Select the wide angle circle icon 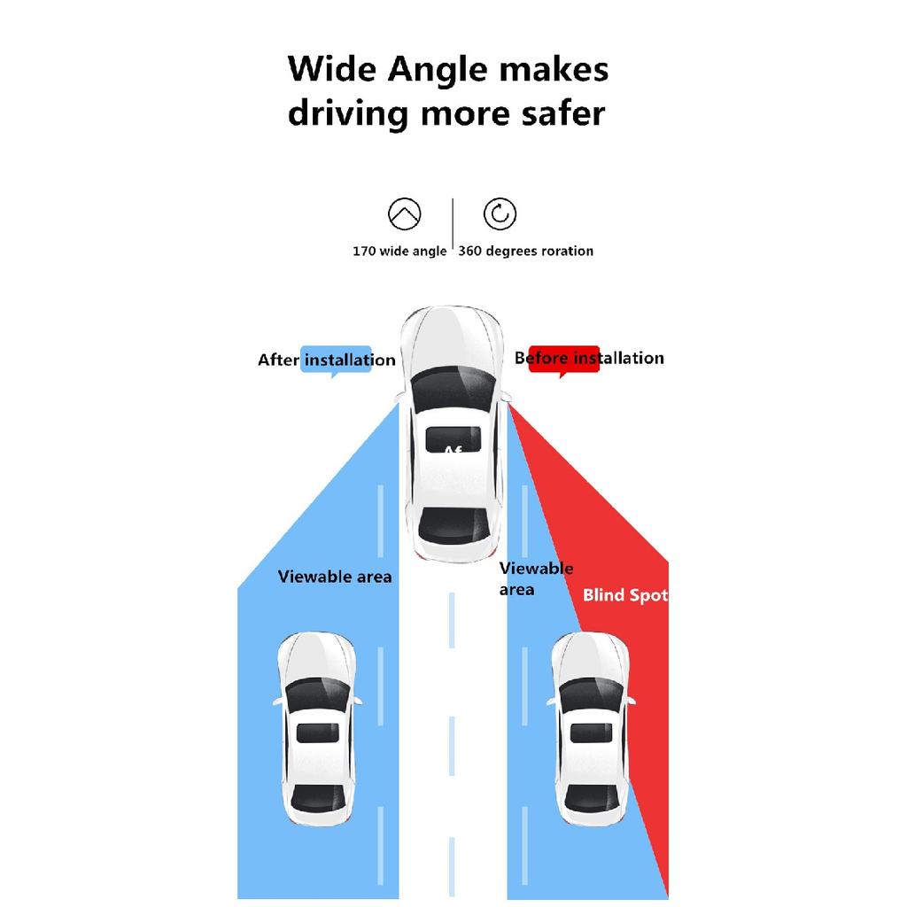(405, 214)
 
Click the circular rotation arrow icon (500, 214)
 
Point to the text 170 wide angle (399, 252)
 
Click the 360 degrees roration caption (525, 252)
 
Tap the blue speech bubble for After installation (336, 360)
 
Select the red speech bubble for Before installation (563, 359)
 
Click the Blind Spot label (624, 595)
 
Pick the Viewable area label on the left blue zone (335, 577)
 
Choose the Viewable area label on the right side (535, 578)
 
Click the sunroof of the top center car (453, 438)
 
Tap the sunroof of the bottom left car (314, 733)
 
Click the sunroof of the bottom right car (589, 733)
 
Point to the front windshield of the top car (453, 387)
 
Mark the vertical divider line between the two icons (453, 227)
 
